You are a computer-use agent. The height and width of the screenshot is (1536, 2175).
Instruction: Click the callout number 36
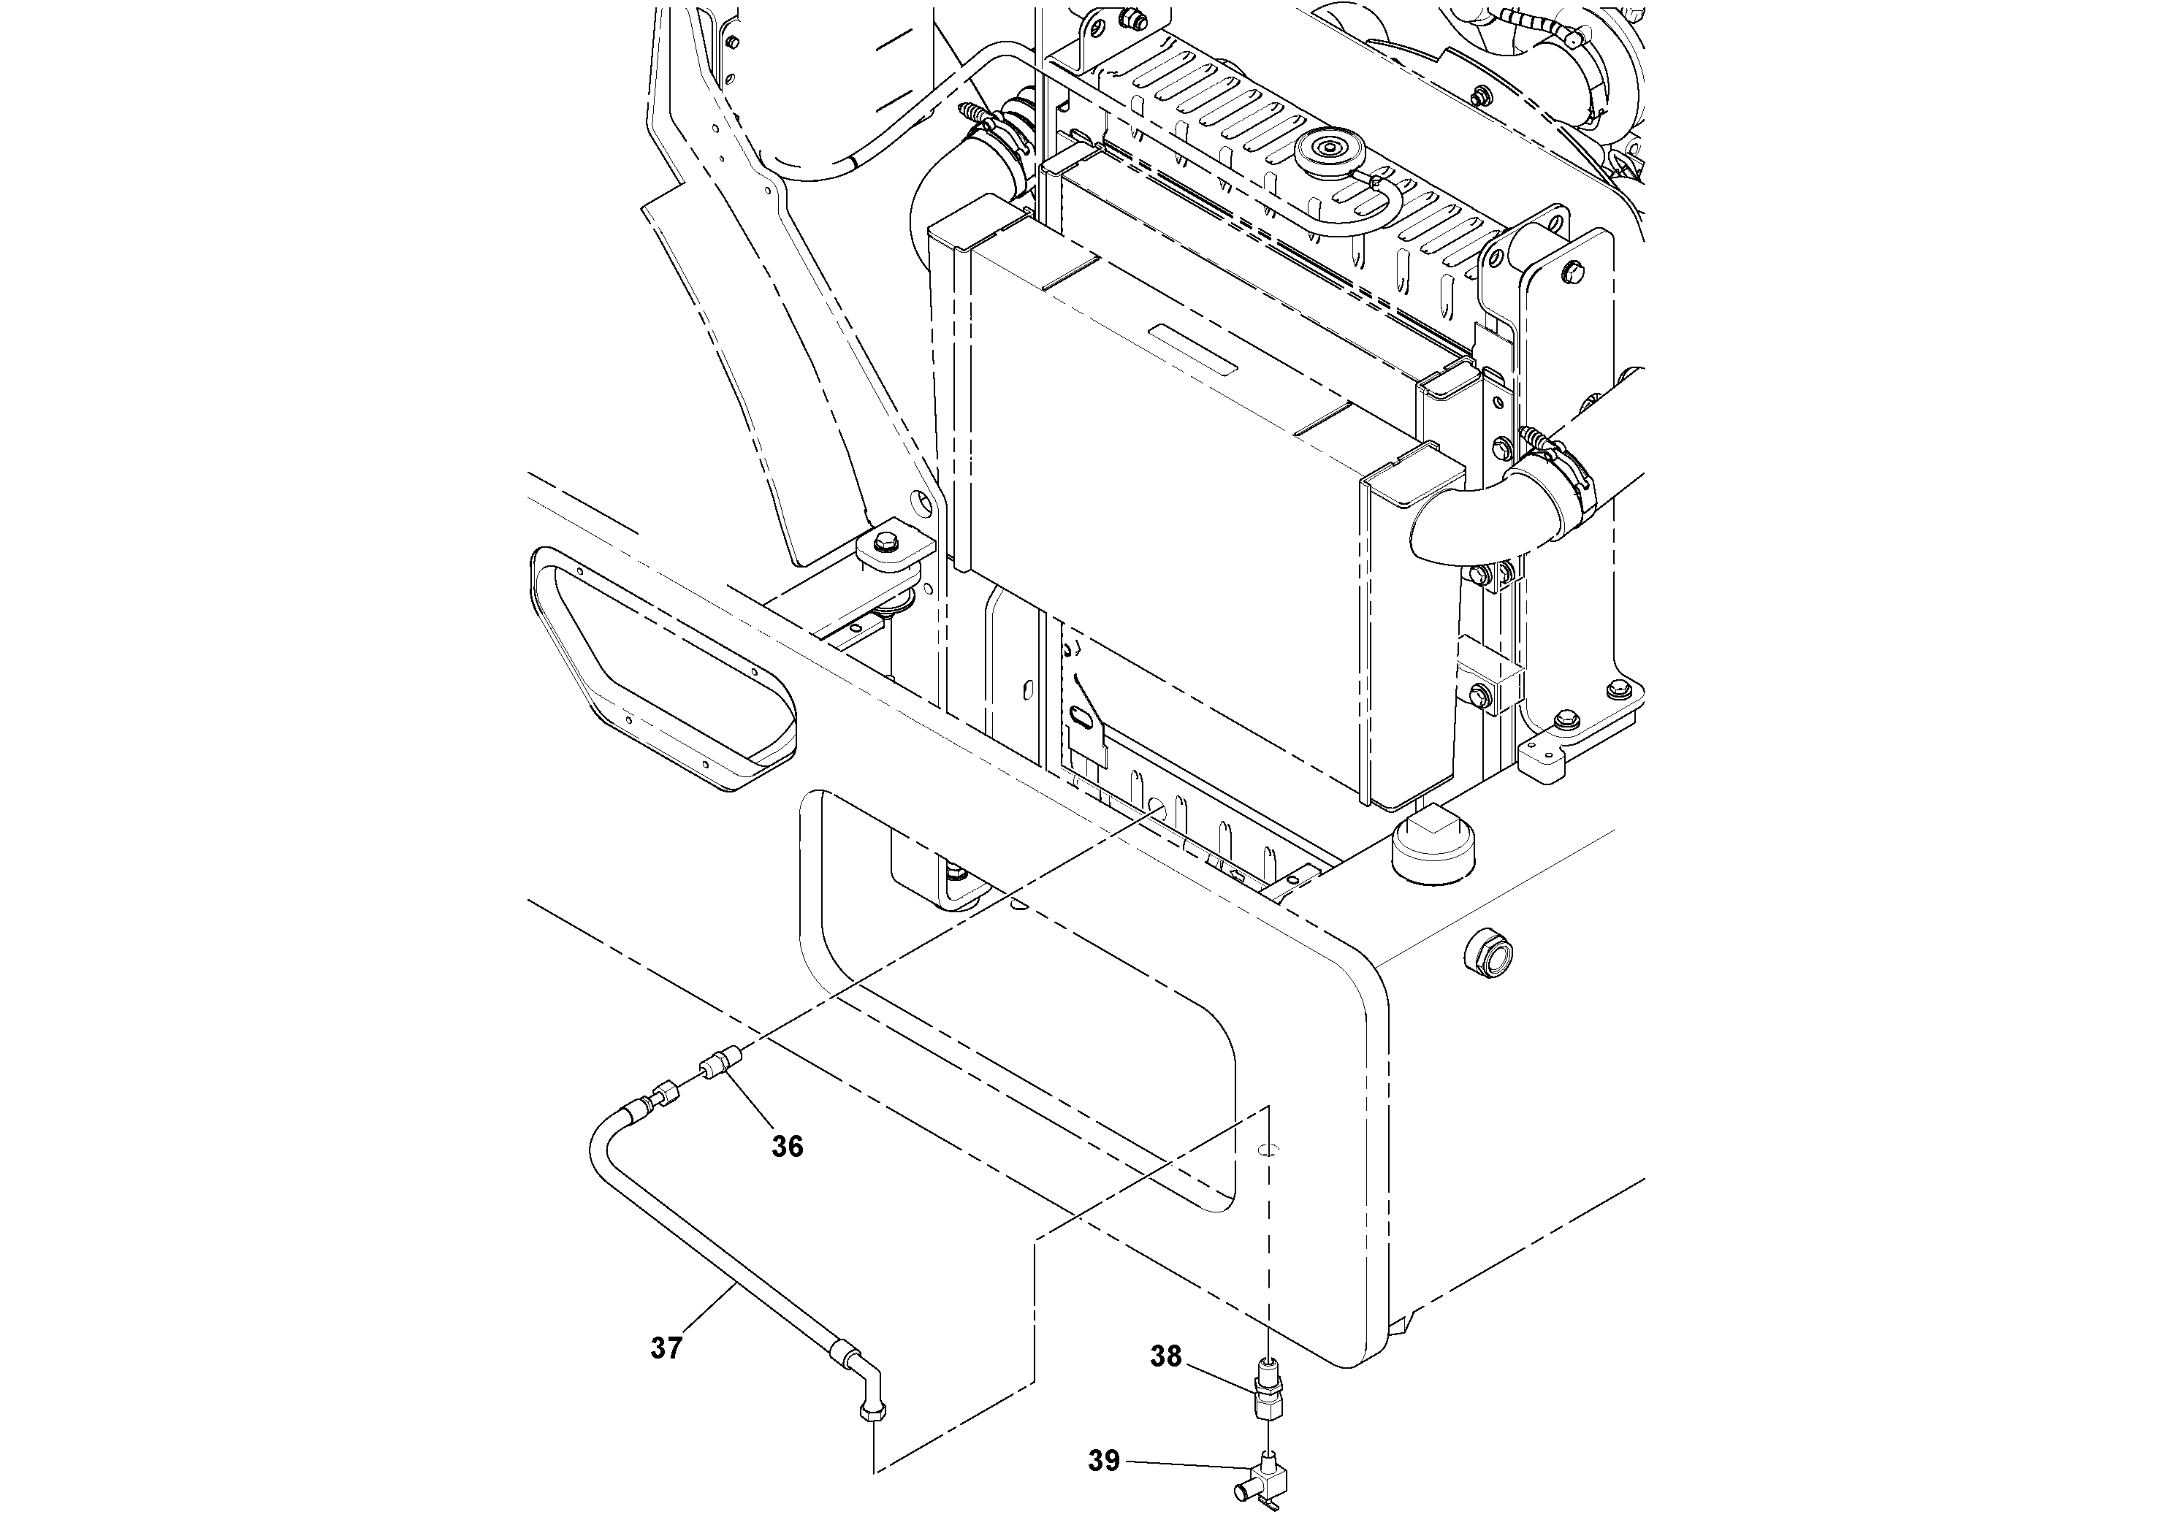click(787, 1147)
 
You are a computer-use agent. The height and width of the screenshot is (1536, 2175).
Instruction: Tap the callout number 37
click(666, 1348)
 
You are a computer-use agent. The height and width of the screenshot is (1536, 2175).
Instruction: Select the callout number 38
click(1166, 1356)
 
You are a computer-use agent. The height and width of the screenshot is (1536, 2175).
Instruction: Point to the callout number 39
click(1104, 1462)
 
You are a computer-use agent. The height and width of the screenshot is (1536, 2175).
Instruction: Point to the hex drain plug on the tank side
click(1488, 954)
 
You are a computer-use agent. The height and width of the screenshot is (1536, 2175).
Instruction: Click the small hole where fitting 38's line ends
click(1268, 1150)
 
